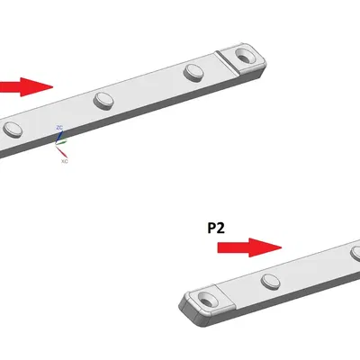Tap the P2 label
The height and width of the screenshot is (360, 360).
[216, 228]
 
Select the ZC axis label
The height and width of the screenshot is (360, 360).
[59, 129]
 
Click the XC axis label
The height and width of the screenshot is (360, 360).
[64, 161]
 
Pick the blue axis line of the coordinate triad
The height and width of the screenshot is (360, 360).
[58, 138]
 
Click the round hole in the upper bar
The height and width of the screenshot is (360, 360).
[243, 58]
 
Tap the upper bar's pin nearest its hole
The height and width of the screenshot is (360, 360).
[194, 72]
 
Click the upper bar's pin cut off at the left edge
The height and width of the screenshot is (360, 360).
[11, 129]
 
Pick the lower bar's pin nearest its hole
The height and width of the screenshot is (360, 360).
[270, 281]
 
